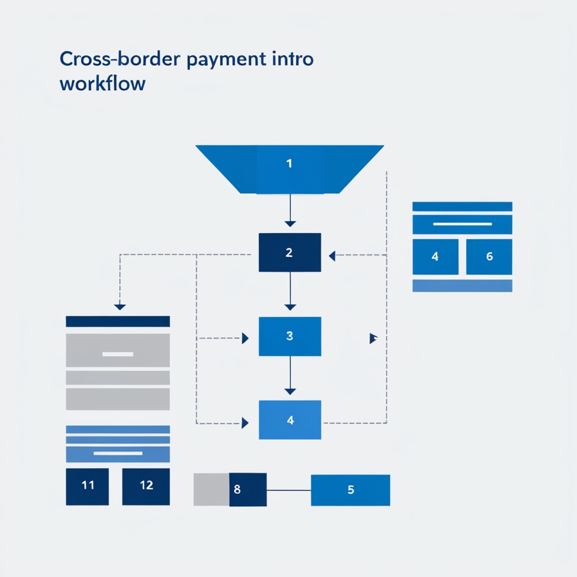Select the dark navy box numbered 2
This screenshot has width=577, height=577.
click(289, 252)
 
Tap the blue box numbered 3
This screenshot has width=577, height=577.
click(289, 336)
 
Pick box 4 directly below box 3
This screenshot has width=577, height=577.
click(290, 420)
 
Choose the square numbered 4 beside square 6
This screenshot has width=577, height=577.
click(435, 256)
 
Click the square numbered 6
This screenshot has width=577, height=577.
click(489, 256)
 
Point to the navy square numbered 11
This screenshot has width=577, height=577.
click(88, 486)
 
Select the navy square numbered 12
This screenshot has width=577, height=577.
click(146, 486)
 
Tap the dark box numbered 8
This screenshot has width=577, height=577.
click(247, 489)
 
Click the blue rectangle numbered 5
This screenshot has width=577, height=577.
click(350, 490)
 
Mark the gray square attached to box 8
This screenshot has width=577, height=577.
click(211, 489)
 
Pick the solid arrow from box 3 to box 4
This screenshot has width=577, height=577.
click(290, 376)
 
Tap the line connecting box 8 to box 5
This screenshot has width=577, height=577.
click(288, 490)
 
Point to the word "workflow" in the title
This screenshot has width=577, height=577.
click(102, 84)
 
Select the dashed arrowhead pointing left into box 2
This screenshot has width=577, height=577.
click(332, 256)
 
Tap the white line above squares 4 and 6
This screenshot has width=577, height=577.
click(462, 224)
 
